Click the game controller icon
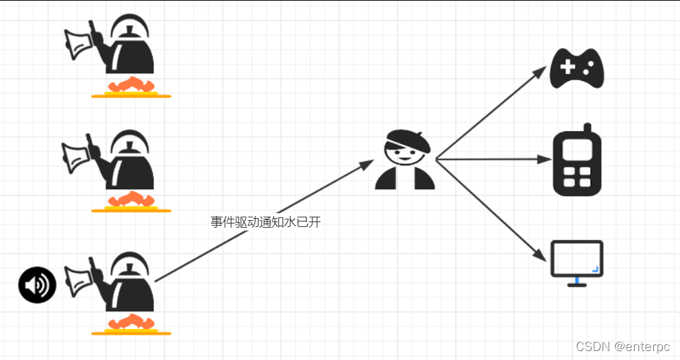576,69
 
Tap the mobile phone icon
576,162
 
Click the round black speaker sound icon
37,285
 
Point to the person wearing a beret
405,159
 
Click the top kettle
129,48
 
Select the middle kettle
129,162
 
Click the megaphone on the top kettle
78,43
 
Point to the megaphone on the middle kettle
77,156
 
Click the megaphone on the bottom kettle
79,278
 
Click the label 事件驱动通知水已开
265,221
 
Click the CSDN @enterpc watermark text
622,346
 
